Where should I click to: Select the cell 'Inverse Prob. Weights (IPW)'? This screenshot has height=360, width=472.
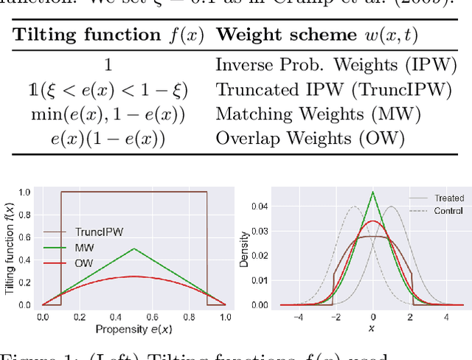click(336, 65)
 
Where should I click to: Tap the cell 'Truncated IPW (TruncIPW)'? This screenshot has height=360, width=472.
click(333, 90)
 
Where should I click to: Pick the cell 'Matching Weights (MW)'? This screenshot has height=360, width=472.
click(318, 114)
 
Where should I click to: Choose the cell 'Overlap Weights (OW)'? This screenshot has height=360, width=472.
click(310, 139)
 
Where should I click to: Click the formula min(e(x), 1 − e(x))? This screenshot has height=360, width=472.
click(108, 114)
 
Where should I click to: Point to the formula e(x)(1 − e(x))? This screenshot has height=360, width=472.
click(108, 139)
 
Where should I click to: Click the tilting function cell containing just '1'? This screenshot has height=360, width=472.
click(108, 65)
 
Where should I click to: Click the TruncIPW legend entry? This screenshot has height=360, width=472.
click(97, 230)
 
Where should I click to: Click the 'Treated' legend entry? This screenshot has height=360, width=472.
click(449, 198)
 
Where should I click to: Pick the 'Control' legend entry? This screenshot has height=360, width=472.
click(449, 210)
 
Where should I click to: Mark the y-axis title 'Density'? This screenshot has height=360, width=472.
click(245, 250)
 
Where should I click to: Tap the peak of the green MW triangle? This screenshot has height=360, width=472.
click(133, 249)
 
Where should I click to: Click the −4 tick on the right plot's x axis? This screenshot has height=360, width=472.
click(298, 316)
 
